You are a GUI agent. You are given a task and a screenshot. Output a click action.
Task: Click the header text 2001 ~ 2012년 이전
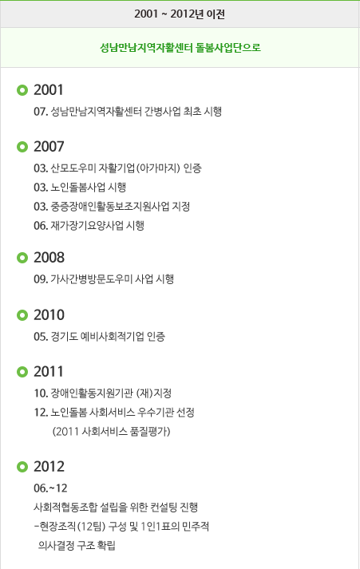coord(180,14)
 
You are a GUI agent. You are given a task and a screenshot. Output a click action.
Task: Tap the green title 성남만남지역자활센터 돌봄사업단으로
coord(180,48)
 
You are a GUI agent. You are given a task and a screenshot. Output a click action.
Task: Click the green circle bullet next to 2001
coord(22,90)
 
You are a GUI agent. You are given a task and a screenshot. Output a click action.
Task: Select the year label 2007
coord(49,147)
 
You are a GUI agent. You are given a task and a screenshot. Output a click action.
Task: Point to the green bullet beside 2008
coord(22,258)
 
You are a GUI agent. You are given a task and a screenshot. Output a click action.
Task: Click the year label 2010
coord(49,315)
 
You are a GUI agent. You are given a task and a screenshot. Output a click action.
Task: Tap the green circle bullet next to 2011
coord(22,372)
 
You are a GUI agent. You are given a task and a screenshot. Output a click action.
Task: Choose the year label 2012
coord(49,467)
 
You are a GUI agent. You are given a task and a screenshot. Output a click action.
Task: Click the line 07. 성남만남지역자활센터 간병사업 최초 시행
coord(128,112)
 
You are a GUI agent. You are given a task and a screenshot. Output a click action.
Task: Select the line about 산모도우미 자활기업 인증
coord(117,168)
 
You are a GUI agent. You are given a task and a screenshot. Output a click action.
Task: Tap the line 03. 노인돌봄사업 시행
coord(80,188)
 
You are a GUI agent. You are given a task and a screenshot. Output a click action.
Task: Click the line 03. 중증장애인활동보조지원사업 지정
coord(112,207)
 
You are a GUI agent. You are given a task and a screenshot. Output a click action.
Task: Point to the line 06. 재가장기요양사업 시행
coord(89,226)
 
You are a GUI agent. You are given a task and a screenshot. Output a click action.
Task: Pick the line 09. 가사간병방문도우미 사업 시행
coord(104,279)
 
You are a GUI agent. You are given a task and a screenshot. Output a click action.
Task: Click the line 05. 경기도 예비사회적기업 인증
coord(100,337)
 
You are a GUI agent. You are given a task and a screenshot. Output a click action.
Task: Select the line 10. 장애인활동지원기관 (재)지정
coord(103,393)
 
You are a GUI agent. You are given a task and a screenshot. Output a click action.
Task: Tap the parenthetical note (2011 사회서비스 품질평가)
coord(111,432)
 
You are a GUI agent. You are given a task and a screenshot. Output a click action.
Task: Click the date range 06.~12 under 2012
coord(50,488)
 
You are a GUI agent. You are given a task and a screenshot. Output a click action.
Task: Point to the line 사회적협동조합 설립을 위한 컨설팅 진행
coord(116,508)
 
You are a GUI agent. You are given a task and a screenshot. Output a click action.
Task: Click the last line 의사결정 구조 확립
coord(77,545)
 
